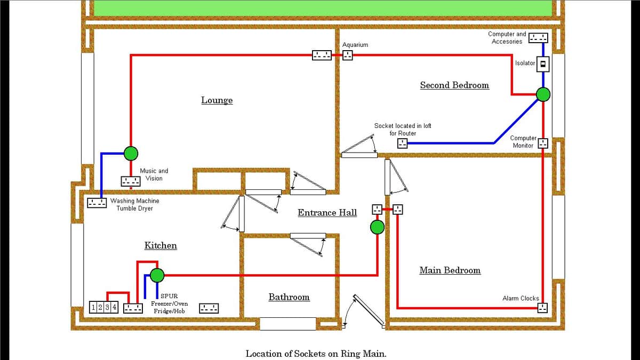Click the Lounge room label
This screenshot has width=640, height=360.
[x=217, y=100]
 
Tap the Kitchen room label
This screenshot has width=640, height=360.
[x=161, y=245]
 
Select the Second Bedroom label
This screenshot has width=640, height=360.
[x=454, y=85]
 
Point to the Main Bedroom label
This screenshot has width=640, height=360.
[x=450, y=270]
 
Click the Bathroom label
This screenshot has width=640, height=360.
[x=289, y=297]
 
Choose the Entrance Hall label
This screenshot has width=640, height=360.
[x=327, y=213]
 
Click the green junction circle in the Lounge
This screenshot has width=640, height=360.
[x=131, y=154]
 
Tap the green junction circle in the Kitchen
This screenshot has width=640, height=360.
[x=157, y=275]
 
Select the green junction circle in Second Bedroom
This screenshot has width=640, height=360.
[x=543, y=94]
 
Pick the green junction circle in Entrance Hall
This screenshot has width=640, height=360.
[x=377, y=228]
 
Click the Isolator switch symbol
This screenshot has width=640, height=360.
[x=543, y=64]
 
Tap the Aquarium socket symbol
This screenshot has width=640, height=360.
[x=348, y=55]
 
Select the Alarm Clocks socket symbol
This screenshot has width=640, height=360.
[x=543, y=308]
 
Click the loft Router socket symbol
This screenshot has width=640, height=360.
[x=403, y=143]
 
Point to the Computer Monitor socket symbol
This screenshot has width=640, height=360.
[x=543, y=143]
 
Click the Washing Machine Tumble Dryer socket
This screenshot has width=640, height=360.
[x=97, y=203]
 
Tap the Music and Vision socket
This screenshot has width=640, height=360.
[x=131, y=181]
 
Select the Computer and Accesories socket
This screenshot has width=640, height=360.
[x=538, y=37]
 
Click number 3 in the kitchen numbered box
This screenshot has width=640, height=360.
[x=108, y=307]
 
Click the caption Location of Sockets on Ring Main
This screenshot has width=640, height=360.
[x=316, y=354]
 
